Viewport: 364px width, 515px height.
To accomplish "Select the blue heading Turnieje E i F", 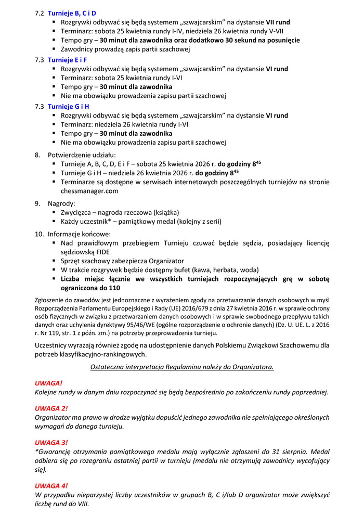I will pyautogui.click(x=67, y=59).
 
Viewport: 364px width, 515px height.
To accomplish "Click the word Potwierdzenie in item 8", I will pyautogui.click(x=71, y=154).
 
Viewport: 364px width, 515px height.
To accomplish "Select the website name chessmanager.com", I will pyautogui.click(x=89, y=191).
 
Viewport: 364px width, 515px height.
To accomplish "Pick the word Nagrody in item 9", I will pyautogui.click(x=61, y=203).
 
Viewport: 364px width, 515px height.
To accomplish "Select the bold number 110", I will pyautogui.click(x=114, y=288).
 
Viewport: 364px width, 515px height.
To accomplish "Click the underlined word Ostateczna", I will pyautogui.click(x=108, y=367).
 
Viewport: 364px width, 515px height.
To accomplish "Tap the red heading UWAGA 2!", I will pyautogui.click(x=51, y=408).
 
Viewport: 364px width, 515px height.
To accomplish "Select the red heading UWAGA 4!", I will pyautogui.click(x=51, y=485).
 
